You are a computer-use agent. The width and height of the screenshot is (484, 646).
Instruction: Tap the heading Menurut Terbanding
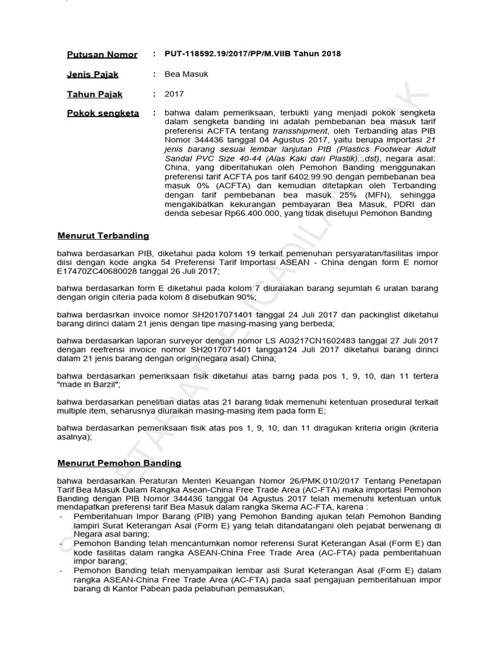pos(103,235)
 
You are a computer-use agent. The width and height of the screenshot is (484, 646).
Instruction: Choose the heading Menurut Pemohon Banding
pos(119,462)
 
